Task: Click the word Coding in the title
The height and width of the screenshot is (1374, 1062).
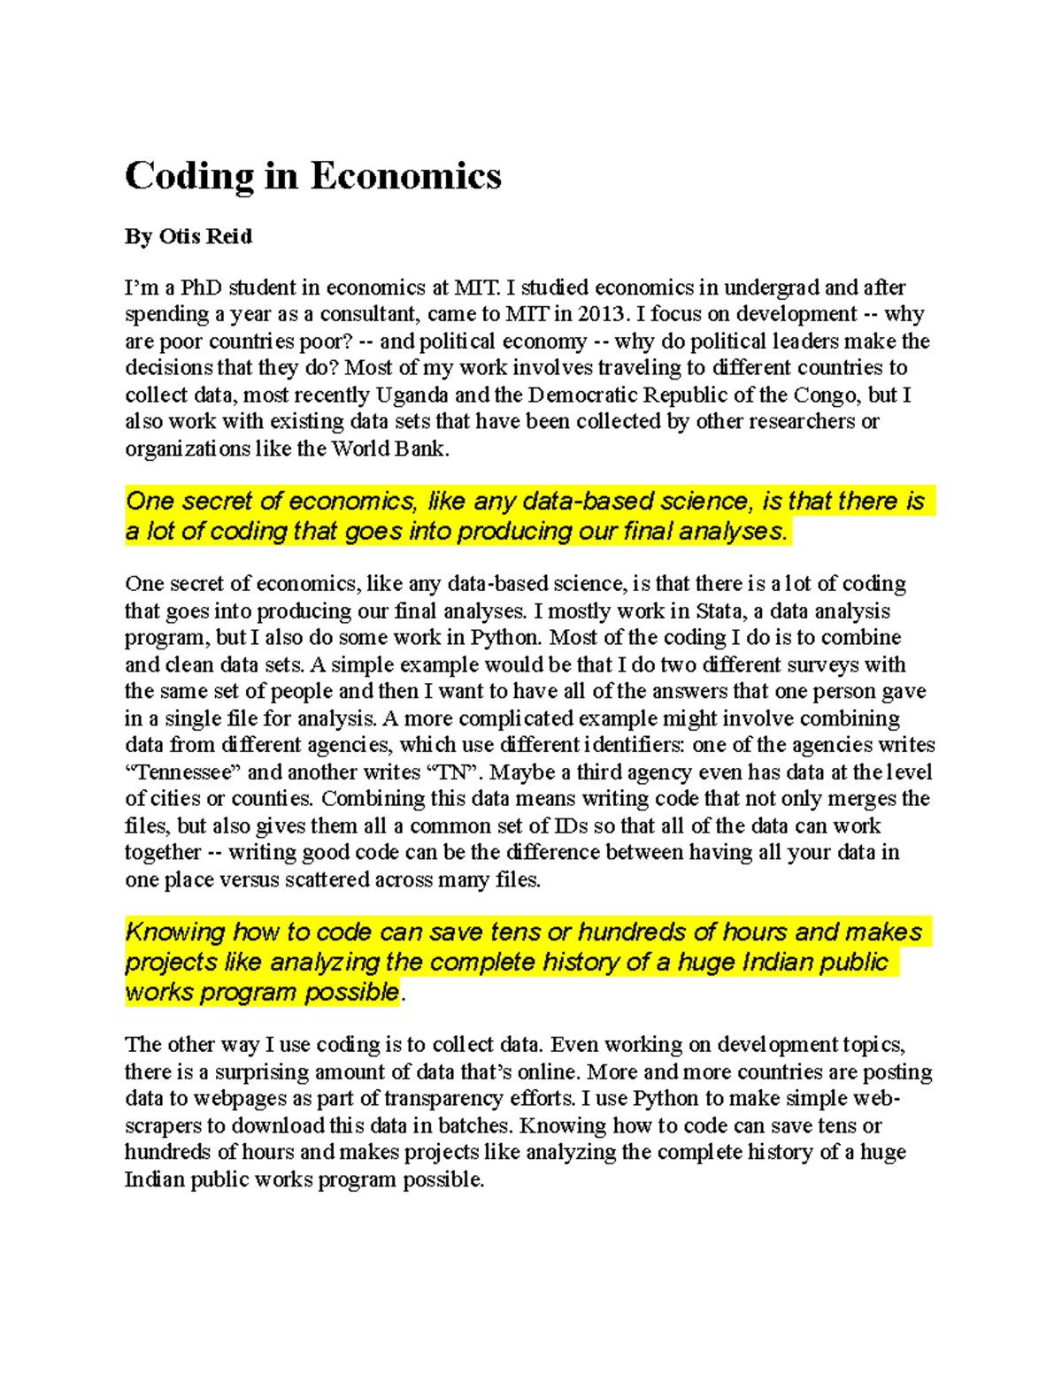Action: pyautogui.click(x=189, y=176)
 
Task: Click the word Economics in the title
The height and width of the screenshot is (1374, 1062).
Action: pyautogui.click(x=405, y=176)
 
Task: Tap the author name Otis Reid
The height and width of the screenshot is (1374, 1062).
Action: pyautogui.click(x=205, y=236)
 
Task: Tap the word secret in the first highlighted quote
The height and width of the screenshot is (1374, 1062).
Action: pyautogui.click(x=217, y=502)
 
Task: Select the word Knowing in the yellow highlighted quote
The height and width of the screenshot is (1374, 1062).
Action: pyautogui.click(x=175, y=932)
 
